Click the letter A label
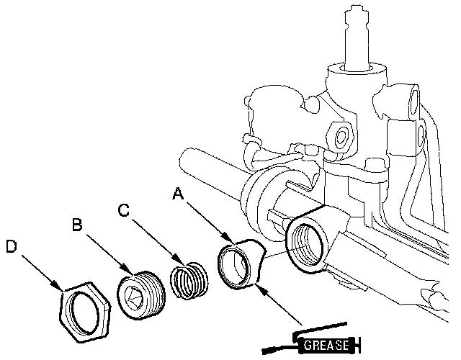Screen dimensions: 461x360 tap(178, 194)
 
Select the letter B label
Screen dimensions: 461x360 tap(77, 225)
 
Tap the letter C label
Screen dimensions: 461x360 tap(123, 210)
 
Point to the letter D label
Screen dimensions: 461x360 tap(12, 246)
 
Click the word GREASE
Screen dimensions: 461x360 tap(326, 345)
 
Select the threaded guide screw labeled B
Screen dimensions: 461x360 tap(141, 295)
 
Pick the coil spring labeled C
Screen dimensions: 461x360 tap(189, 281)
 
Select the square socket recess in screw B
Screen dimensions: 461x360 tap(133, 296)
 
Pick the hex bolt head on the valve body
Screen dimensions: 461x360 tap(341, 136)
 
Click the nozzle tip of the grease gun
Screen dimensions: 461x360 tap(265, 351)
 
